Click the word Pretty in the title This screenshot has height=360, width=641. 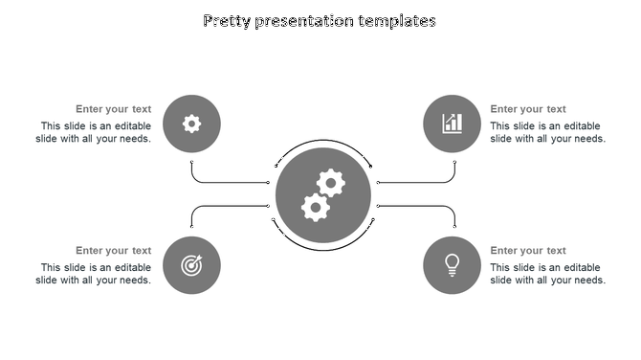point(228,20)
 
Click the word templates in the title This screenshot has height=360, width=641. point(397,20)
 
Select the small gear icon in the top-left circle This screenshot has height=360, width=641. point(191,123)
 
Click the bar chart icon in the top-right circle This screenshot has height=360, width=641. point(452,123)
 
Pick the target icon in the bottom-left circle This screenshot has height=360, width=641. point(191,265)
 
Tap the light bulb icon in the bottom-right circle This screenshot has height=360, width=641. point(452,264)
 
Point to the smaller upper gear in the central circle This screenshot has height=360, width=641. point(331,181)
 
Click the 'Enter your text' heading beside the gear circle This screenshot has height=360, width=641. point(114,109)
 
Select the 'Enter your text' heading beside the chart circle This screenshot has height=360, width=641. point(528,109)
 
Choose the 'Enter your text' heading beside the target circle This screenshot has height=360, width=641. point(114,251)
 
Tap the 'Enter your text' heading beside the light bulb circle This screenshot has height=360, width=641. point(528,251)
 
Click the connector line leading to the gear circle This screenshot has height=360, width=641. point(230,182)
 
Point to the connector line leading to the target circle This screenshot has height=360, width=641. point(230,206)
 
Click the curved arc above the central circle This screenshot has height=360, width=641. point(322,141)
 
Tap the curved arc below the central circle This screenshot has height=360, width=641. point(322,251)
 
